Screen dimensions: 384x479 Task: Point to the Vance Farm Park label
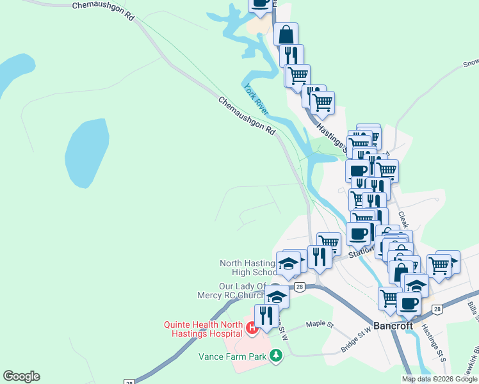click(x=243, y=356)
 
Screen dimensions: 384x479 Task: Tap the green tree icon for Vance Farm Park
click(x=276, y=355)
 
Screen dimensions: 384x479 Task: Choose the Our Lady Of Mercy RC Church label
click(x=233, y=291)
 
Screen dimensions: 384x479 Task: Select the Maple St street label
click(x=320, y=324)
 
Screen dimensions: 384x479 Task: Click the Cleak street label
click(x=404, y=220)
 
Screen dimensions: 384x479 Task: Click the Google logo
click(x=21, y=376)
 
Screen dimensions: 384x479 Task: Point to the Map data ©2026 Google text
click(x=439, y=379)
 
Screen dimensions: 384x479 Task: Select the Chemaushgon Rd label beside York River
click(x=247, y=115)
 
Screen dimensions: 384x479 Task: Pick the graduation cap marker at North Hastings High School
click(x=288, y=264)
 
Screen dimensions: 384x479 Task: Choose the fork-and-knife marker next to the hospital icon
click(x=266, y=316)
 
